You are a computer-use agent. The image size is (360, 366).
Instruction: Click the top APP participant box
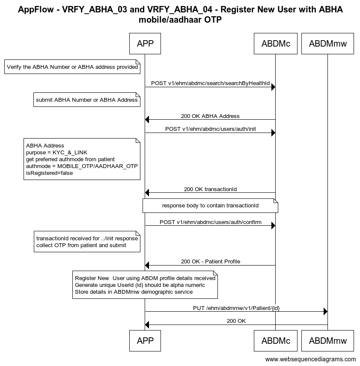pos(145,44)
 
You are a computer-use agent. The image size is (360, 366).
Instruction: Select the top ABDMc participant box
pos(276,44)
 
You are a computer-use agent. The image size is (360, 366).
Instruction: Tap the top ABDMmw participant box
pos(327,44)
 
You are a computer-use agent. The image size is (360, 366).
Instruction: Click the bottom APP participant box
pos(145,341)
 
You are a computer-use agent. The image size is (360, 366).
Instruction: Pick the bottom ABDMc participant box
pos(276,341)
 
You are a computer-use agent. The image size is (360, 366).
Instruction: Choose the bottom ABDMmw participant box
pos(327,341)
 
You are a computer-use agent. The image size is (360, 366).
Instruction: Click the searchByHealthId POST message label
pos(210,83)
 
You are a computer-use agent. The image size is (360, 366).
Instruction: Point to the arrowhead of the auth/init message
pos(274,133)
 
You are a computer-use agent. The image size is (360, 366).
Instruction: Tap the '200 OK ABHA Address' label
pos(210,116)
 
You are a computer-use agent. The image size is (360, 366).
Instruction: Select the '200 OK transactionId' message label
pos(210,189)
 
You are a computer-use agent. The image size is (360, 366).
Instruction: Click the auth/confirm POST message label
pos(210,222)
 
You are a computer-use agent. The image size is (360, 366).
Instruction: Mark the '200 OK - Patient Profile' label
pos(211,262)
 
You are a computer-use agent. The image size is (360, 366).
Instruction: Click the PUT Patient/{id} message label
pos(236,308)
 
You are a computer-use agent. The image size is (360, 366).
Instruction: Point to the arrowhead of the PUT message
pos(325,311)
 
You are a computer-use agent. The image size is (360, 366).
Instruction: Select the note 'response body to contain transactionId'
pos(210,206)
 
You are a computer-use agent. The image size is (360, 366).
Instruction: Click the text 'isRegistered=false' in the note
pos(50,173)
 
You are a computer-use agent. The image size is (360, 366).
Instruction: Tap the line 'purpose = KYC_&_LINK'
pos(57,153)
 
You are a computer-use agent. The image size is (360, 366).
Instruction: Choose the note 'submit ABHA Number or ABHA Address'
pos(86,100)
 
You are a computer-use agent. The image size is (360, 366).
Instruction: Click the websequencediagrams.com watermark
pos(310,359)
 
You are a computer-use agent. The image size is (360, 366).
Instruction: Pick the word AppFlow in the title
pos(36,9)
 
